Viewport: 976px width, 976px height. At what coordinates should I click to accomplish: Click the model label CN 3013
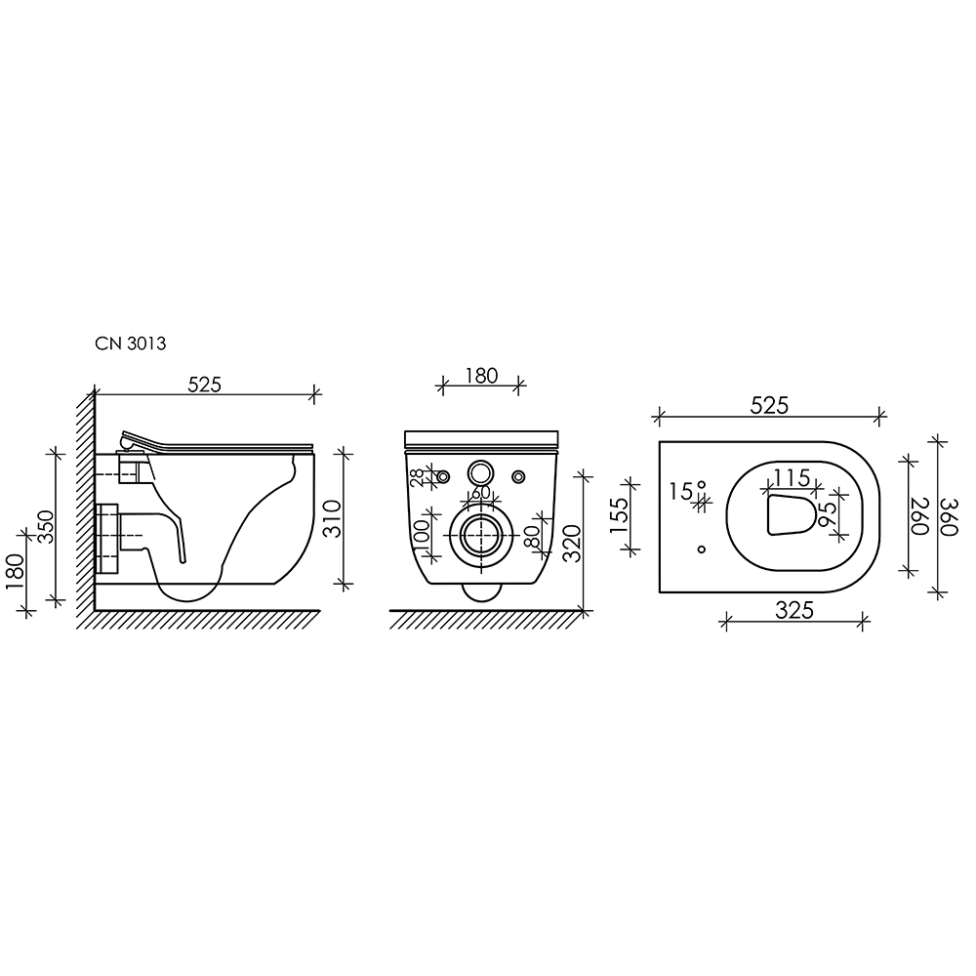pos(130,344)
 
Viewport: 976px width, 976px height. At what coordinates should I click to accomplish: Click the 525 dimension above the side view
pos(204,385)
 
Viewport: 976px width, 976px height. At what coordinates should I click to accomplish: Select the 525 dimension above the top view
pos(769,406)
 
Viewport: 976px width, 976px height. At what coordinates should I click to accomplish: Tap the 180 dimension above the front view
pos(481,376)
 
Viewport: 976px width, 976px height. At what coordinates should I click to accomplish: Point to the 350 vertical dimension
pos(46,527)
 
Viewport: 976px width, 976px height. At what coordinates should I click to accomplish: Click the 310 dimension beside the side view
pos(333,518)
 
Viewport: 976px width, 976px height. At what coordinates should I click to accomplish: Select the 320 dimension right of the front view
pos(572,543)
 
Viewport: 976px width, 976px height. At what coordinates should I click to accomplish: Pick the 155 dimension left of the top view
pos(620,515)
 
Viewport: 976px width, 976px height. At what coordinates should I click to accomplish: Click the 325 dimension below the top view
pos(794,610)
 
